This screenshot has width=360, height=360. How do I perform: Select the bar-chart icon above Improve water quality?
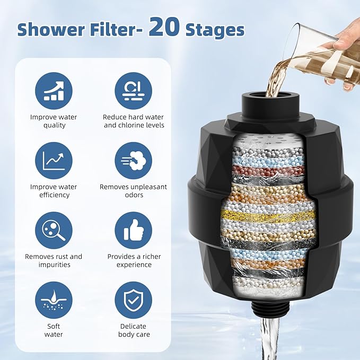click(x=54, y=91)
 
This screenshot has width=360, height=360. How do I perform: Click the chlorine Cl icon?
click(x=134, y=91)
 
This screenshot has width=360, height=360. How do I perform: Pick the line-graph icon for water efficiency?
click(x=54, y=161)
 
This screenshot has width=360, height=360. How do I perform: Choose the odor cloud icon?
click(x=134, y=161)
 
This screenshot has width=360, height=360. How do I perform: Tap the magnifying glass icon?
click(x=54, y=230)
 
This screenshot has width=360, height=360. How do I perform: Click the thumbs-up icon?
click(x=134, y=230)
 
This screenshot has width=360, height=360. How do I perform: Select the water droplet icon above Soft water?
click(x=54, y=300)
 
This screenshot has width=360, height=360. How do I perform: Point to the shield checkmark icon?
click(x=134, y=300)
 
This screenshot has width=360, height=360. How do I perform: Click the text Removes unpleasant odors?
click(x=134, y=191)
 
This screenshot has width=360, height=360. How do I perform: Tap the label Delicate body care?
click(x=134, y=330)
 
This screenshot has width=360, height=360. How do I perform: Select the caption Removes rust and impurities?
click(x=54, y=260)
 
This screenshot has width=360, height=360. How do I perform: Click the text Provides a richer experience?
click(x=134, y=260)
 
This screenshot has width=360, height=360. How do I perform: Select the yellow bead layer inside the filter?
click(x=270, y=215)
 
